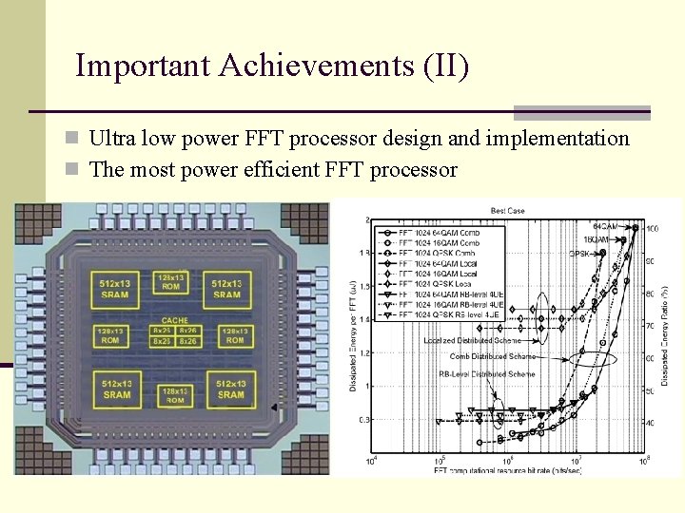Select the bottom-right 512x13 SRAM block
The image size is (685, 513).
[231, 389]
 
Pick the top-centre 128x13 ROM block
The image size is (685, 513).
[171, 281]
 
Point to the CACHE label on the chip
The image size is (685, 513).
[174, 321]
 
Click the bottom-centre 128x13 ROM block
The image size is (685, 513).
[175, 394]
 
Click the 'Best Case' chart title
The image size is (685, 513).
[507, 211]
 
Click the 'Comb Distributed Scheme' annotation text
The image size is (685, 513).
[493, 356]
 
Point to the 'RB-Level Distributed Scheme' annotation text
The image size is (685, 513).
[486, 374]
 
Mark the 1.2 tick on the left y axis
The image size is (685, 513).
[365, 352]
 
